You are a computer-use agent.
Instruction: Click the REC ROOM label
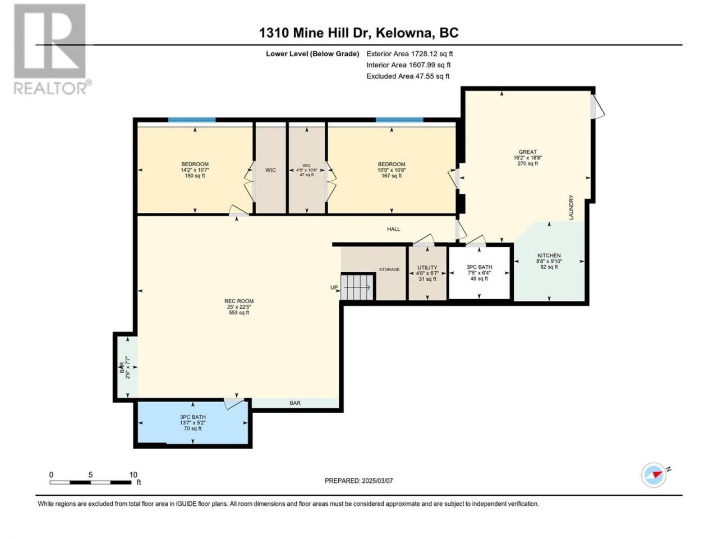tap(239, 301)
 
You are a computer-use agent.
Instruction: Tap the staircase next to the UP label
tap(357, 287)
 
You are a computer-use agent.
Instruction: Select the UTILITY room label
tap(427, 267)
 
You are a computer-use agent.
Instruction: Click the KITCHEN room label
tap(549, 255)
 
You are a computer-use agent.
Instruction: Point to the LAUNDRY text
tap(571, 208)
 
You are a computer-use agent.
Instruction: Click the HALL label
tap(394, 229)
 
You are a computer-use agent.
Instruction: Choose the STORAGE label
tap(389, 269)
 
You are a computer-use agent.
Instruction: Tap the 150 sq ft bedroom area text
tap(195, 176)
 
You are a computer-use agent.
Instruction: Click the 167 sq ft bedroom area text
tap(392, 176)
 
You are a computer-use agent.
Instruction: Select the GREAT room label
tap(528, 152)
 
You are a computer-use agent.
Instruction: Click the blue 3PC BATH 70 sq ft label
tap(192, 422)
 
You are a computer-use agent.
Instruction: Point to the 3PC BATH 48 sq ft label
tap(479, 273)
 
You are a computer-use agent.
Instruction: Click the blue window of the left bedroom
tap(192, 120)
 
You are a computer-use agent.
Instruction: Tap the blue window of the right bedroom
tap(399, 120)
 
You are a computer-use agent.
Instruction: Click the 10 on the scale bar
tap(133, 474)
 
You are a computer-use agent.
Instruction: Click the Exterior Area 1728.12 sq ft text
tap(409, 54)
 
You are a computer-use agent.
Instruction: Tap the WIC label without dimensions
tap(270, 170)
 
